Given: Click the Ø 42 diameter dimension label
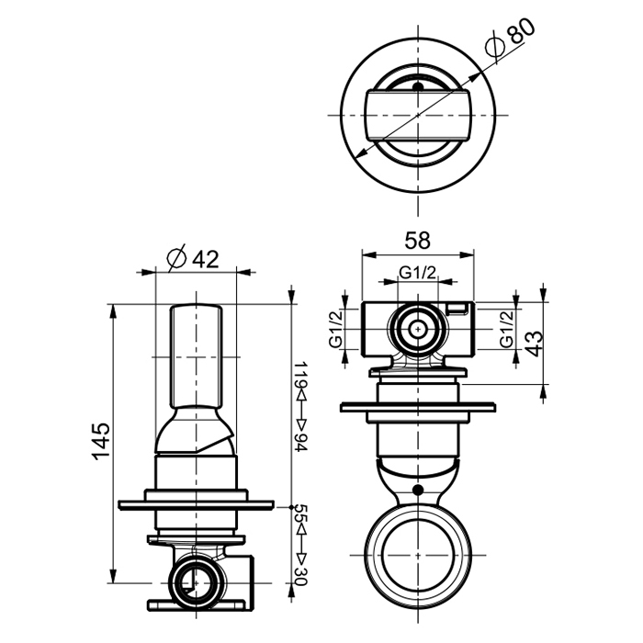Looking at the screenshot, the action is coord(193,258).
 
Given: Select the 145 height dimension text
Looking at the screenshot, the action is coord(101,441).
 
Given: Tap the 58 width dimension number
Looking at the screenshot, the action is coord(417,241).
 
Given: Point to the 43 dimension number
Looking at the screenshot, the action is coord(533,344).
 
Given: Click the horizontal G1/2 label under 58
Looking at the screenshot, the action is coord(418,272).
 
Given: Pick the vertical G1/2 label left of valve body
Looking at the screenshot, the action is coord(335,329).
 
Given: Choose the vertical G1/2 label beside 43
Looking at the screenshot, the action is coord(506,329).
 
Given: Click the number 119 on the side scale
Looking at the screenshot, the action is coord(301,374).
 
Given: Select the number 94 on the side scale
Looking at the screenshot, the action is coord(301,442).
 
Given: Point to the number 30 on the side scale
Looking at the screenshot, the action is coord(301,577).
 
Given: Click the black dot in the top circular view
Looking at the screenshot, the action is coord(418,87).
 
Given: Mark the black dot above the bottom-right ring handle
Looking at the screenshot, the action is coord(418,490).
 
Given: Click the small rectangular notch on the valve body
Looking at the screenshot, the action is coord(457,309).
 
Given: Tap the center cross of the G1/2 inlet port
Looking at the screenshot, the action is coord(418,329).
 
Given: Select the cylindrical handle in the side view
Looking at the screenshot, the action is coord(196,356).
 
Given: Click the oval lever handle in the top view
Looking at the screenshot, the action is coord(418,115).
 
